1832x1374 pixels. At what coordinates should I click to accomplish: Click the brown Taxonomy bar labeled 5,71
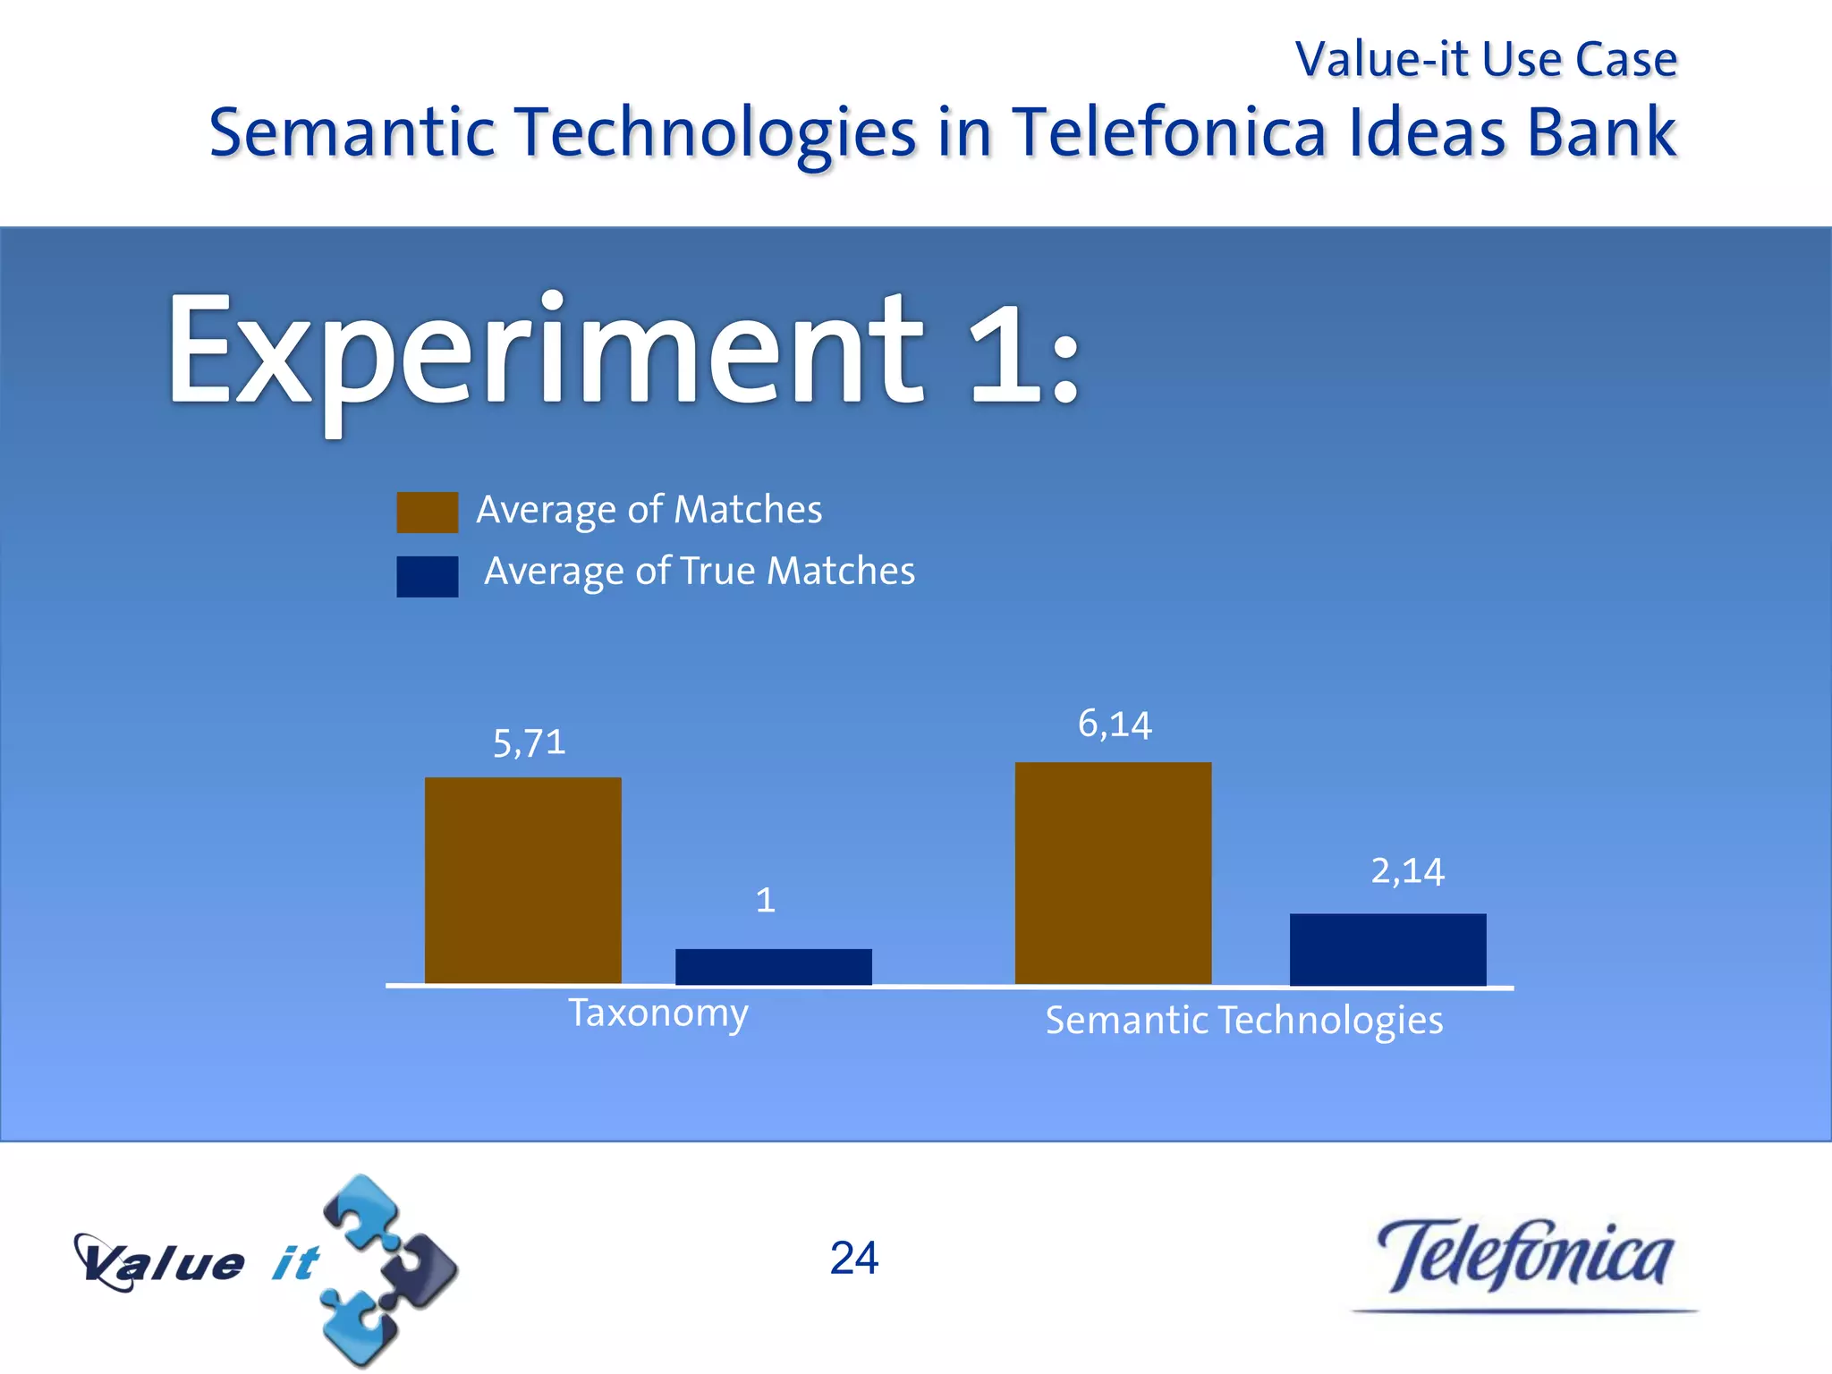coord(522,880)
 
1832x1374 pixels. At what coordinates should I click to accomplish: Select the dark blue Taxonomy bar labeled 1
coord(773,967)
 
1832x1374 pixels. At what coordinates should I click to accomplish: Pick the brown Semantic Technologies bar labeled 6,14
coord(1113,873)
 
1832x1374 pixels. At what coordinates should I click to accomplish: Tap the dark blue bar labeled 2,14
coord(1387,949)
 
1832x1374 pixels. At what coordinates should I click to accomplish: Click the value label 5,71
coord(529,743)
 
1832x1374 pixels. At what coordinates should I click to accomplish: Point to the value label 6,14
coord(1114,725)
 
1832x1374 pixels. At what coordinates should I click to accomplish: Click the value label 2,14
coord(1407,871)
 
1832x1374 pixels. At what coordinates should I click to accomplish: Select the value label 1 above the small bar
coord(765,900)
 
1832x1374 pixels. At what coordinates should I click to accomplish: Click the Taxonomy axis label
coord(658,1014)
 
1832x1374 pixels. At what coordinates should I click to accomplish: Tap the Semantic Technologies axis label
coord(1243,1021)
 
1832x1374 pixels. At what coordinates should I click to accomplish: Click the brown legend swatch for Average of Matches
coord(427,513)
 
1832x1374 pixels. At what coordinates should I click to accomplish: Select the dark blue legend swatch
coord(427,576)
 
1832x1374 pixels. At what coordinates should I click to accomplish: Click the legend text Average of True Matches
coord(699,571)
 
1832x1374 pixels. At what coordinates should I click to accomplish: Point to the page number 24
coord(853,1258)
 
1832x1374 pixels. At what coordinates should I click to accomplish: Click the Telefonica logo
coord(1524,1259)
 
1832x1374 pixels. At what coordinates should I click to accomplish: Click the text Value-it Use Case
coord(1485,60)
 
